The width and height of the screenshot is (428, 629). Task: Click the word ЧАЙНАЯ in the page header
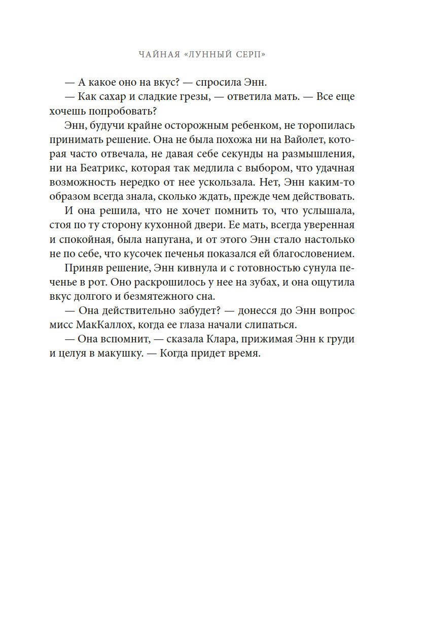[x=157, y=54]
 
